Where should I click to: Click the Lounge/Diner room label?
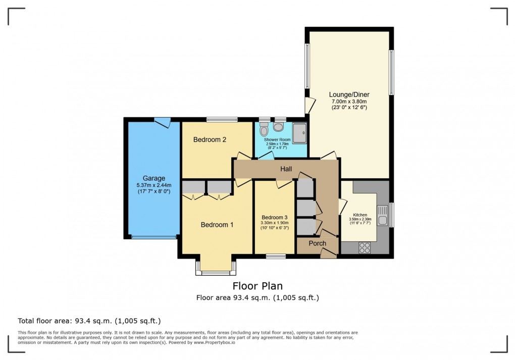coord(349,94)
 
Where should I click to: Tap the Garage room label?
coord(153,178)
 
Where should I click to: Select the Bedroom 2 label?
coord(210,139)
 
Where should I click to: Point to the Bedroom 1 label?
coord(217,225)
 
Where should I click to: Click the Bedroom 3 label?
coord(275,218)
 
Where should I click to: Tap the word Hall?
coord(286,169)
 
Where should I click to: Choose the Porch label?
coord(317,243)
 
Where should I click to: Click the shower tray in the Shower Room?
coord(299,133)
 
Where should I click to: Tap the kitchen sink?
coord(382,215)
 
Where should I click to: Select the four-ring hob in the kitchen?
coord(365,248)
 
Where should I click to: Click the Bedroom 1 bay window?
coord(216,269)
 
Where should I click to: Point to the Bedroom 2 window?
coord(222,120)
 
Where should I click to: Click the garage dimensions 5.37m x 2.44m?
coord(154,185)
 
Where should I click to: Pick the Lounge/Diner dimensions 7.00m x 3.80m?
coord(349,101)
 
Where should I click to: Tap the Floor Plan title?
coord(257,286)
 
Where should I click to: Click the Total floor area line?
coord(89,321)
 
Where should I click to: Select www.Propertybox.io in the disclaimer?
coord(214,342)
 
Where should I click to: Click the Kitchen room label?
coord(360,215)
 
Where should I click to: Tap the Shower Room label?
coord(277,139)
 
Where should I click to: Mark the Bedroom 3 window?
coord(276,256)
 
